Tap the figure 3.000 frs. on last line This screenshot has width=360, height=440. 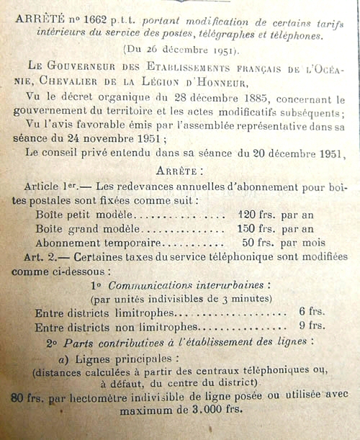tap(216, 410)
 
